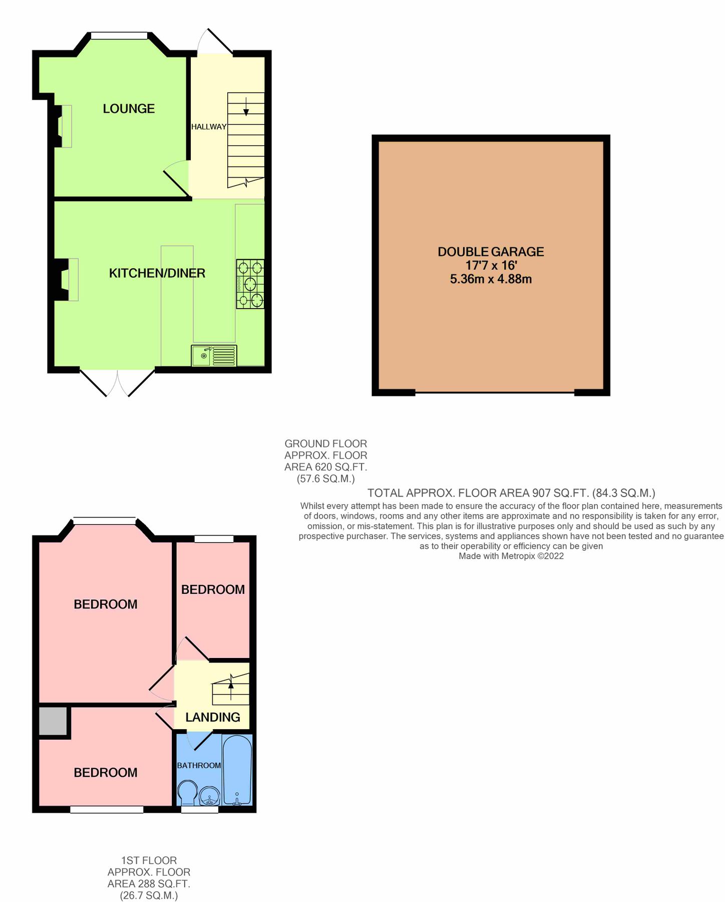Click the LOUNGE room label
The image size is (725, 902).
pos(129,109)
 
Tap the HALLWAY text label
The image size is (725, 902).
pos(208,127)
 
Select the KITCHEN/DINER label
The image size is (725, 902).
pos(157,273)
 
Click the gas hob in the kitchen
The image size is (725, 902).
pos(250,284)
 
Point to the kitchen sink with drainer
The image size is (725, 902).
pos(214,356)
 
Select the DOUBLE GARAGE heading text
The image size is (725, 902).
pos(491,252)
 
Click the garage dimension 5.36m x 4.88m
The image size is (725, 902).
pos(491,279)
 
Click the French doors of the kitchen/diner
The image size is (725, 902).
pos(118,383)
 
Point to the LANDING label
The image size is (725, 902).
pos(213,717)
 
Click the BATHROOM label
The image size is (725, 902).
pos(199,765)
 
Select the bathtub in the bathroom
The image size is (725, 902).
pos(237,770)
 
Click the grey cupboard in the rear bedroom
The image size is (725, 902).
pos(53,721)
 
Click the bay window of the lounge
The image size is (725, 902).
pos(119,36)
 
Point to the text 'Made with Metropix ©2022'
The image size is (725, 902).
pos(511,556)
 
